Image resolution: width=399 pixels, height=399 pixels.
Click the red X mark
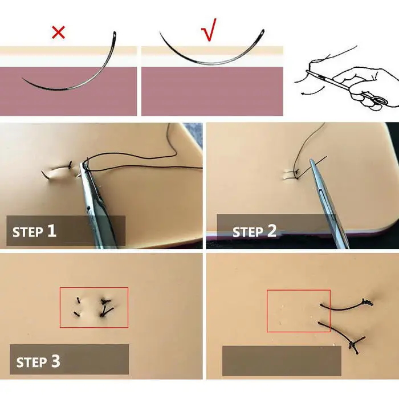click(x=58, y=32)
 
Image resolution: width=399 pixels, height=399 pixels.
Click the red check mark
click(x=209, y=30)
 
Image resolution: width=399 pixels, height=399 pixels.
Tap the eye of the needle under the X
click(x=115, y=35)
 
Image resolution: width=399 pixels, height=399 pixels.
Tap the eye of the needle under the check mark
click(x=262, y=32)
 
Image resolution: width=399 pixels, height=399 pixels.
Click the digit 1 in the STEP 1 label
click(x=51, y=230)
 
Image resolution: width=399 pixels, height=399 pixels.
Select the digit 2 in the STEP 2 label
click(x=272, y=231)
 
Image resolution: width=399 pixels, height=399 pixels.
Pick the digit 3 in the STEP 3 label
click(x=56, y=361)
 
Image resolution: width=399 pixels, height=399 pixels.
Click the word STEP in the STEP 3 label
click(x=31, y=363)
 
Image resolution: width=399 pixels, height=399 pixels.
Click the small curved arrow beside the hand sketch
click(x=312, y=91)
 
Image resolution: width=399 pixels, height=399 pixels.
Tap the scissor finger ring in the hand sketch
click(x=381, y=100)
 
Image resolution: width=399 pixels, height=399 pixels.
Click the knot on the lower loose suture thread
click(x=353, y=345)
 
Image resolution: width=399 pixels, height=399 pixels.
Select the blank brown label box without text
click(x=282, y=361)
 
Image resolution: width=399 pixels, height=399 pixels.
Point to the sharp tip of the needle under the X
click(x=23, y=79)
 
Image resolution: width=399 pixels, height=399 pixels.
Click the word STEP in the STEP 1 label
click(x=28, y=233)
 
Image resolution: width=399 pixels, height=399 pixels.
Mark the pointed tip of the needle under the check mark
click(x=160, y=32)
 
